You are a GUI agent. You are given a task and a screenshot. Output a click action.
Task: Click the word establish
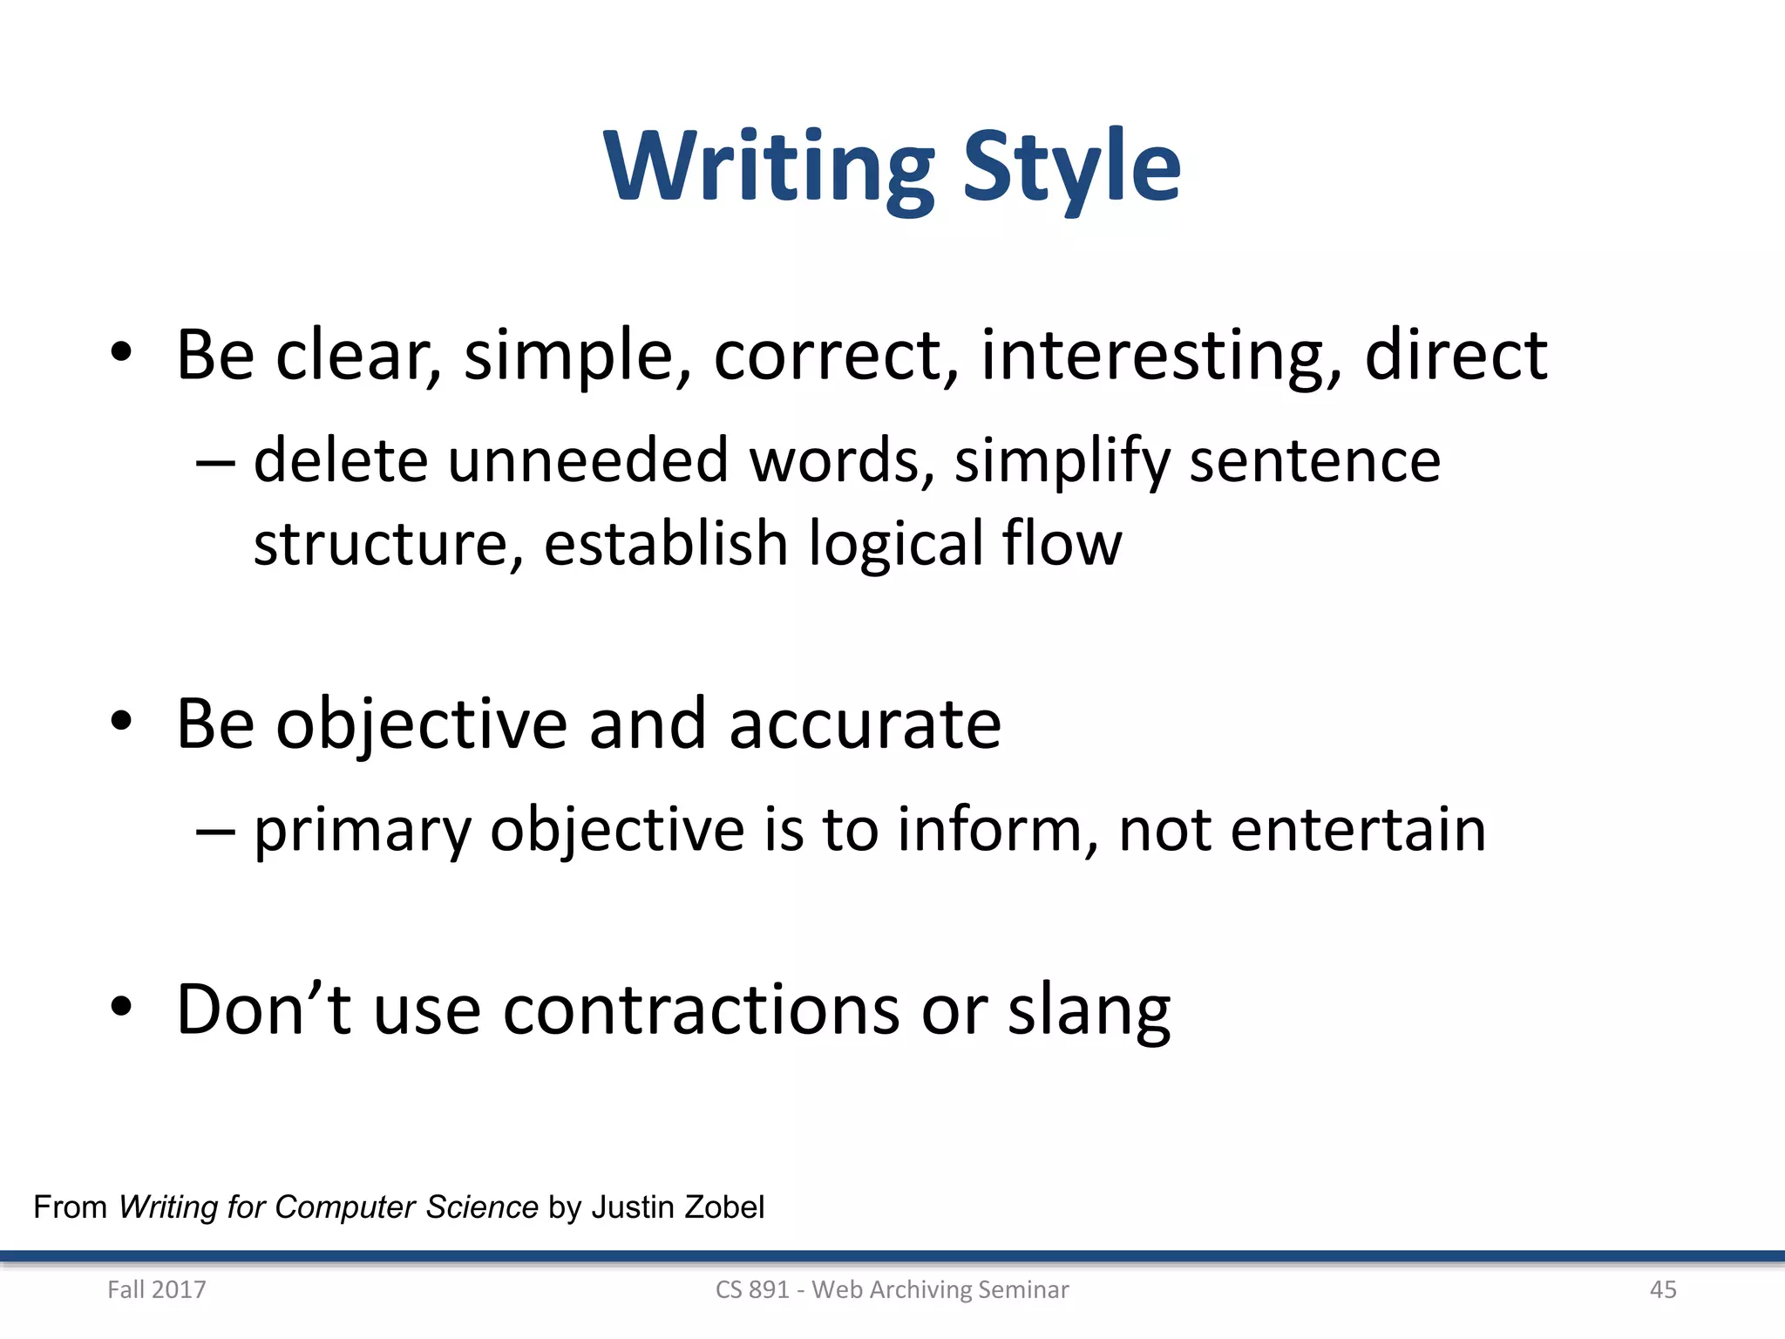666,543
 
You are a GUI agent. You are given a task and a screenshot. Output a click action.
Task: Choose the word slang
1089,1011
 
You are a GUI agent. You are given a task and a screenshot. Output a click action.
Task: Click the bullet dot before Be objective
121,722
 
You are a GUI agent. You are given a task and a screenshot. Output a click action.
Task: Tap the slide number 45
1663,1289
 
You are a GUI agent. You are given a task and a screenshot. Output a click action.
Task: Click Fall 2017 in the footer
157,1289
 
